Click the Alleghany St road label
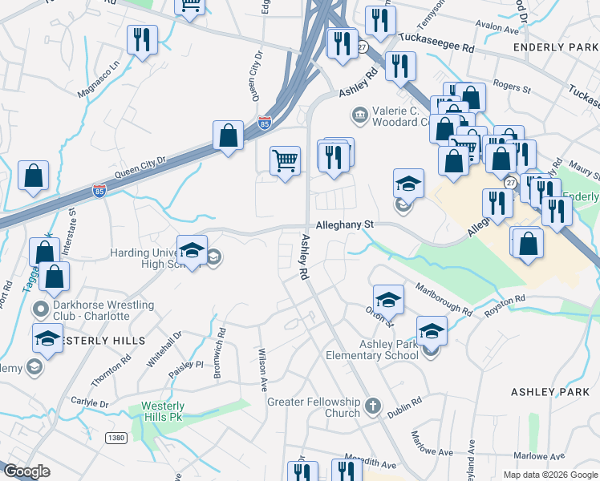(x=345, y=226)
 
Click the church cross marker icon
(x=371, y=406)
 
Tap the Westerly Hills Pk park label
(x=163, y=411)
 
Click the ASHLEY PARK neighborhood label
(x=550, y=392)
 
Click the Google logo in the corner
(x=27, y=471)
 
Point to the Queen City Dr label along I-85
(x=140, y=166)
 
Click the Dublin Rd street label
(x=404, y=410)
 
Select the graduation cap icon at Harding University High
(x=192, y=250)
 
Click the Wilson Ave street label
(x=261, y=368)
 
